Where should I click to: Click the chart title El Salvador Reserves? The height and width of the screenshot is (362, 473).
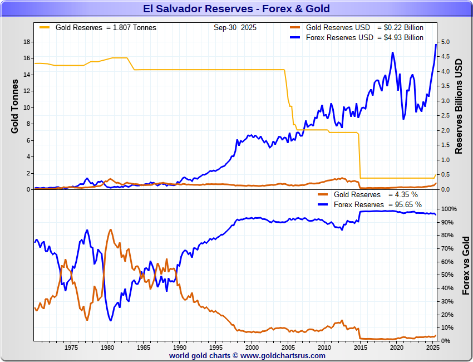click(236, 8)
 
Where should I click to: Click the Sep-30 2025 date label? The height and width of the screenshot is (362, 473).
click(235, 27)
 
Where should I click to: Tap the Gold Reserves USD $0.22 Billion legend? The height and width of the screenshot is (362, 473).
click(364, 27)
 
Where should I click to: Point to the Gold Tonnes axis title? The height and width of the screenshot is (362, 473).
click(15, 106)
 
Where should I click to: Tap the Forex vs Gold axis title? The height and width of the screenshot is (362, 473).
click(466, 265)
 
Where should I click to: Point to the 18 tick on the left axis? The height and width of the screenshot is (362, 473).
click(26, 42)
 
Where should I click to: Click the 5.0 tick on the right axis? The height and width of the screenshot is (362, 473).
click(445, 42)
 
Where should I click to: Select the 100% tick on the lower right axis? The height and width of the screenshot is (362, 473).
click(449, 209)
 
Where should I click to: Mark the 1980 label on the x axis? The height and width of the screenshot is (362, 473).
click(107, 348)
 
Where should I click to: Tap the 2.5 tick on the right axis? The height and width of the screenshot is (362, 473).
click(445, 116)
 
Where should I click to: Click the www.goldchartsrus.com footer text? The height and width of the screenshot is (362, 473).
click(283, 355)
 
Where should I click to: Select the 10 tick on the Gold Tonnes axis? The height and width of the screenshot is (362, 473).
click(26, 107)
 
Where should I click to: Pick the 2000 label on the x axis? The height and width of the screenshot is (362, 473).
click(252, 348)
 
